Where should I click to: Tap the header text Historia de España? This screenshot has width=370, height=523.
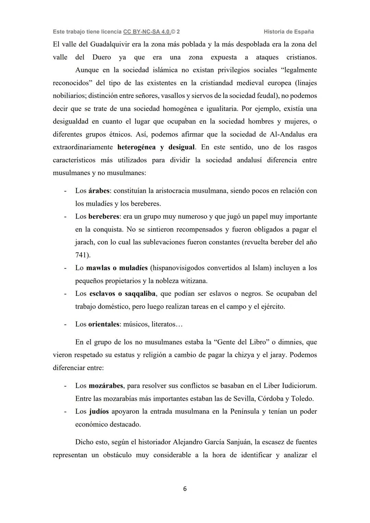click(289, 32)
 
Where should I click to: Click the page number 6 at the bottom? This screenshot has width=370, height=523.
click(185, 489)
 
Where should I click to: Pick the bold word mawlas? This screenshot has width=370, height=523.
click(98, 268)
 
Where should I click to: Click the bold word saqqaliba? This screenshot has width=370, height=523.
click(140, 294)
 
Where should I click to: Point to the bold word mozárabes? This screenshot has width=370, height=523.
click(106, 386)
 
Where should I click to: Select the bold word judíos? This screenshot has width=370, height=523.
click(99, 411)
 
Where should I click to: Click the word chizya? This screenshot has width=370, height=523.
click(244, 355)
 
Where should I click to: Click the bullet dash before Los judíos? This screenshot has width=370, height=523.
click(65, 411)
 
